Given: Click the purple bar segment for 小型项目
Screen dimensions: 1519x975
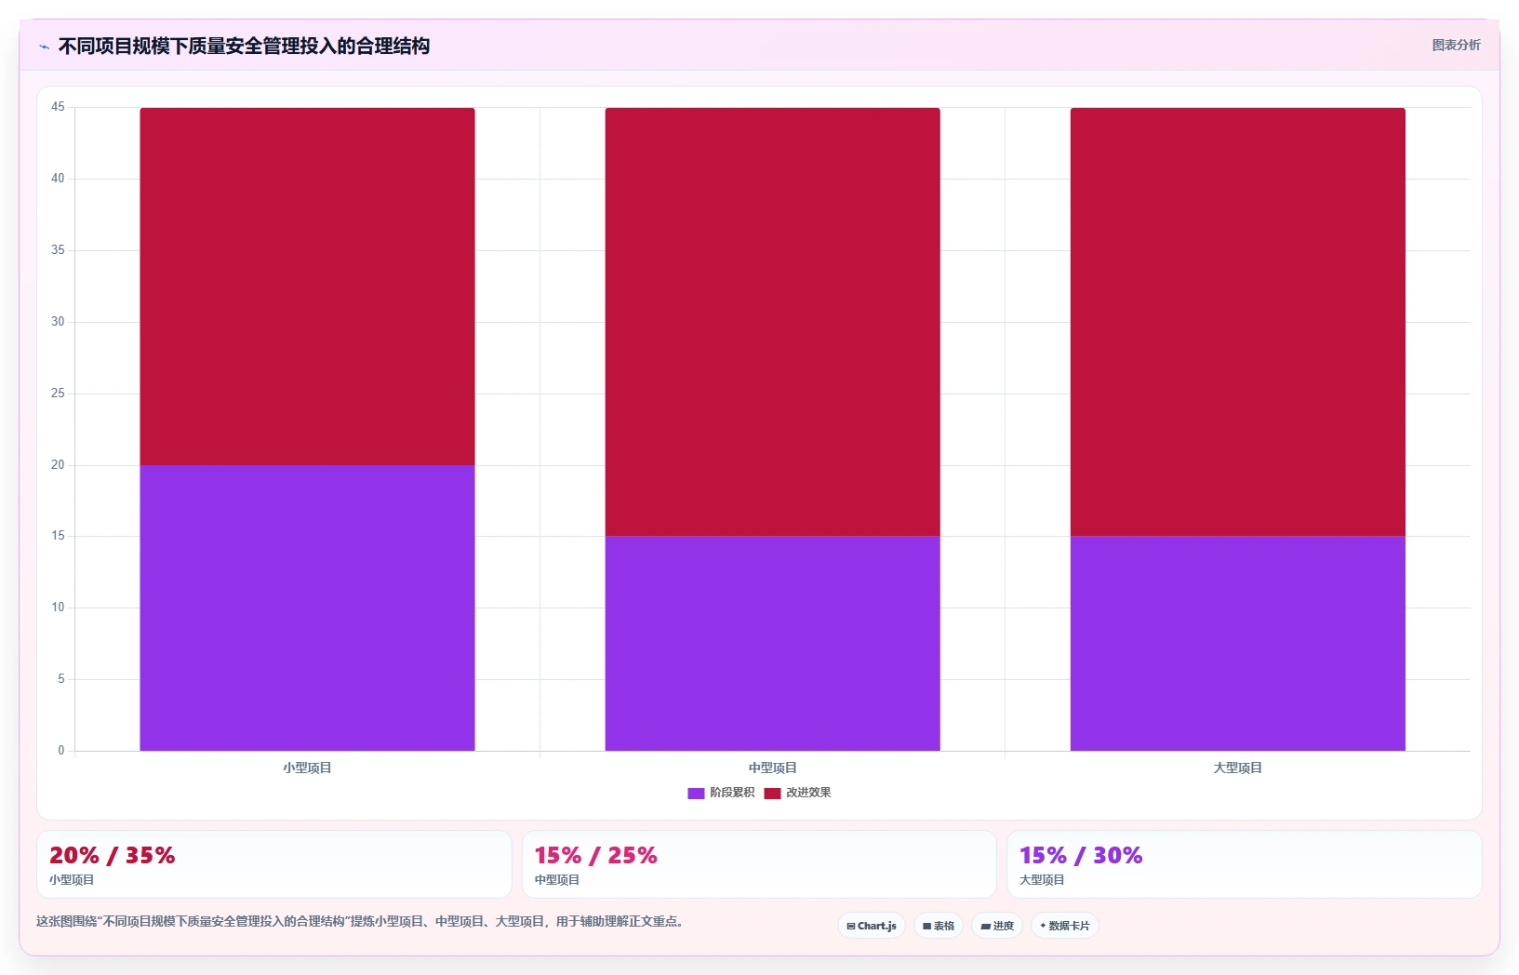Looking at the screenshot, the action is point(307,608).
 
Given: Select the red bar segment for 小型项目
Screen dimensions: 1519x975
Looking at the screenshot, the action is point(307,287).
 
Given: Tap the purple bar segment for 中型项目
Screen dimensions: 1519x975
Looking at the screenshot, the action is point(772,644).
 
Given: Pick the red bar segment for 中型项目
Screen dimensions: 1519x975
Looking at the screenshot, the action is point(772,322).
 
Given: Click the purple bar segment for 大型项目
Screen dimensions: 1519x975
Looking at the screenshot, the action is point(1237,644).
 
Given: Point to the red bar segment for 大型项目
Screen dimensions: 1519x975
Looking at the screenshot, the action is point(1237,322).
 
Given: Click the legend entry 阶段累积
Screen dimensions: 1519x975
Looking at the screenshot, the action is point(721,793).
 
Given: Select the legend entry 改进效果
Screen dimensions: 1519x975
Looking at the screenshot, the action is point(797,793).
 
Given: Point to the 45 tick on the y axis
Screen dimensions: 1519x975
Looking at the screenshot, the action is point(58,106).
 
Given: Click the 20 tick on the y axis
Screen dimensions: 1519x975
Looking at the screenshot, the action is point(58,464).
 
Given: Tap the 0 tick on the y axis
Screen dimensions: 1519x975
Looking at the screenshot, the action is point(61,750).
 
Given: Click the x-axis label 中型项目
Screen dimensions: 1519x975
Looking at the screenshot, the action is point(772,768).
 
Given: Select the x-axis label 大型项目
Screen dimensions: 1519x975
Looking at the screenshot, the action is point(1237,768).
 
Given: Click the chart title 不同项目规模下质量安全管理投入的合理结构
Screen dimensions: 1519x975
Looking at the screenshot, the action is point(244,47).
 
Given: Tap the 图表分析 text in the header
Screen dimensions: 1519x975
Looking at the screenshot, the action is point(1456,45).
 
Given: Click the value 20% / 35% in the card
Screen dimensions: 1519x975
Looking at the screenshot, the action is point(112,855).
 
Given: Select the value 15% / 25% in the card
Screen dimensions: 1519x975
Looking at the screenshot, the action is point(595,855).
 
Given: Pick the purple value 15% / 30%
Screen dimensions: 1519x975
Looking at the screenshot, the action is point(1081,855).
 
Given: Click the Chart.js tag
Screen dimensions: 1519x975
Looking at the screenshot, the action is point(872,926).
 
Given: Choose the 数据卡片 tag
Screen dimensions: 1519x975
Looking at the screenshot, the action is point(1065,926).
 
